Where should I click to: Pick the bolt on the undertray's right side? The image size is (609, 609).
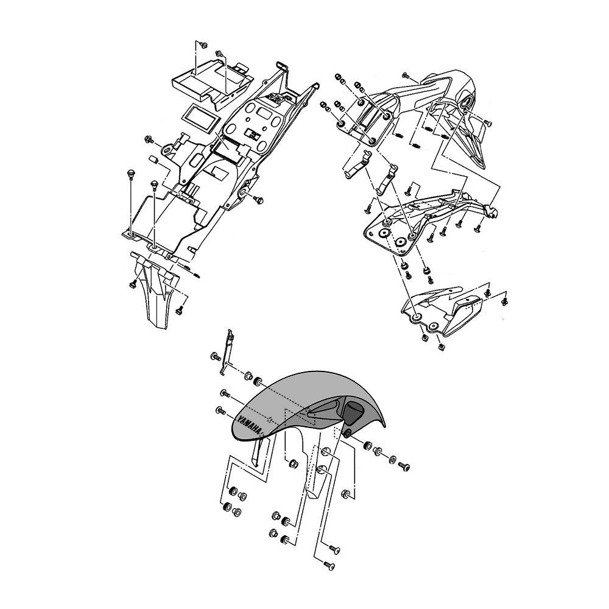tap(258, 200)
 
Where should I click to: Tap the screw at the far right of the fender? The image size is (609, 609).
tap(403, 466)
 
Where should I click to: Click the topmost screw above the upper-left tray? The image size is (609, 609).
tap(203, 45)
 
